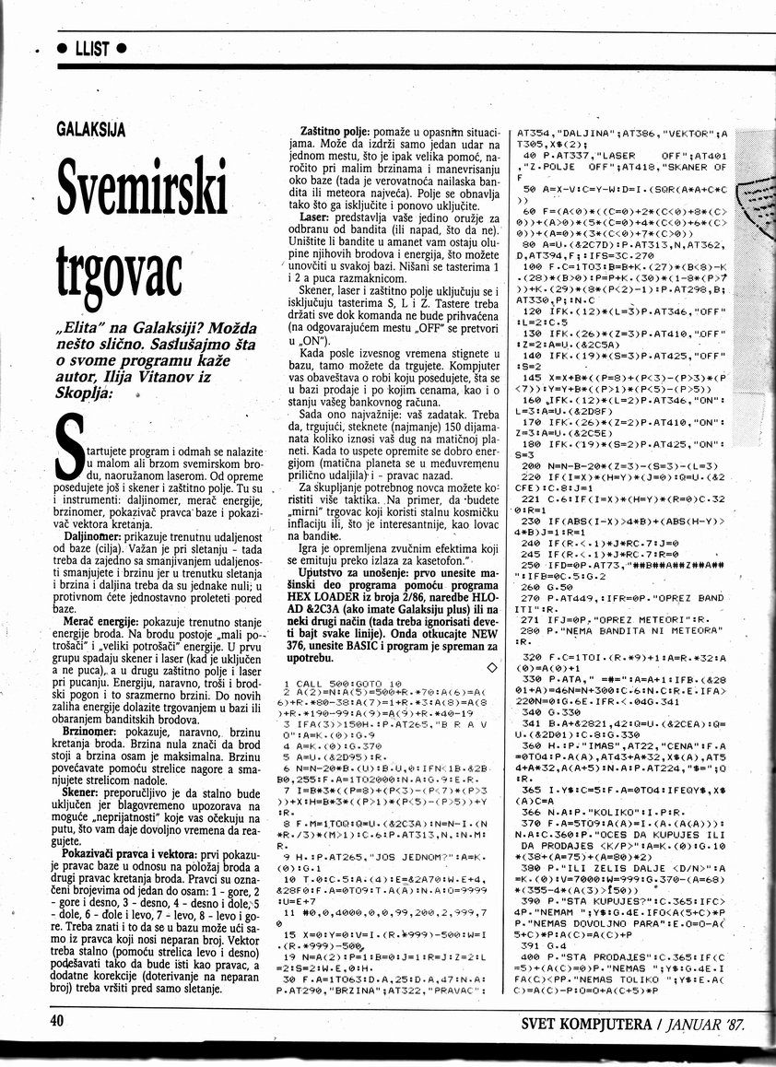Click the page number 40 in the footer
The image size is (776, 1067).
coord(59,1021)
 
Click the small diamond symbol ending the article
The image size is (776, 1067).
coord(490,666)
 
